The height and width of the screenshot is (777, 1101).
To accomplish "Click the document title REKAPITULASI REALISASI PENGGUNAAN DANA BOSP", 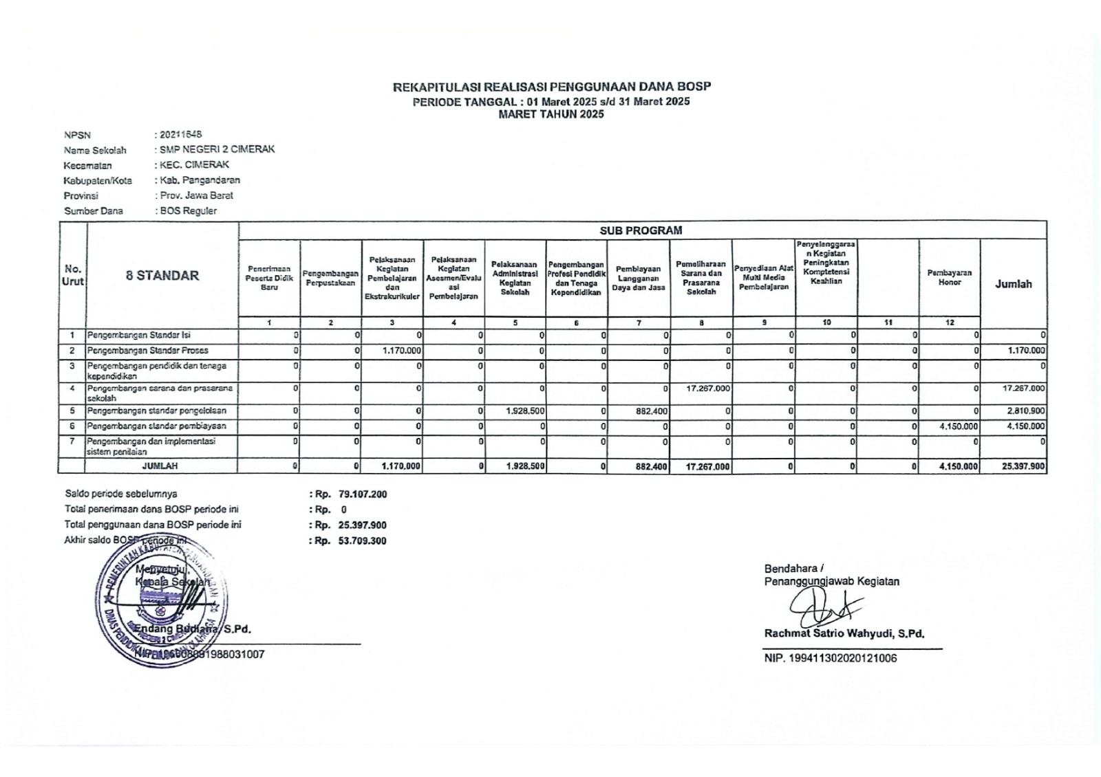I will point(551,87).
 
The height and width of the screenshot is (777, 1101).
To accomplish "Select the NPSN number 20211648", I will point(181,135).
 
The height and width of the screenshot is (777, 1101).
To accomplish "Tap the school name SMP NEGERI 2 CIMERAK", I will point(217,149).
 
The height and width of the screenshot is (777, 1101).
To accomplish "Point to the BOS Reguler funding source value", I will point(189,211).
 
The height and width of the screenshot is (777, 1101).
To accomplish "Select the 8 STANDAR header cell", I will point(162,276).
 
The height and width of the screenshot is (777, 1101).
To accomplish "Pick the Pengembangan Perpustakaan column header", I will point(331,278).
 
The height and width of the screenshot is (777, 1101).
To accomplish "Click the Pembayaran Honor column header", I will point(949,278).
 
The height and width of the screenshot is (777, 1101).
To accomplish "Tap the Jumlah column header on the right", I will point(1013,284).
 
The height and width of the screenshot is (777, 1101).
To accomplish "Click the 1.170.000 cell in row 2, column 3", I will point(402,351).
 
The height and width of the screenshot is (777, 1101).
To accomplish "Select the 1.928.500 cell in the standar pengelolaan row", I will point(525,411).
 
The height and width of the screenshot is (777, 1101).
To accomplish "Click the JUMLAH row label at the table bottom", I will point(160,466).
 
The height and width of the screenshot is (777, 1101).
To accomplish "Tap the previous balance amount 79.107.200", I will point(363,494).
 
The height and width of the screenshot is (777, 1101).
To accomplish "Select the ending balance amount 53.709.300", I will point(363,541).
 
